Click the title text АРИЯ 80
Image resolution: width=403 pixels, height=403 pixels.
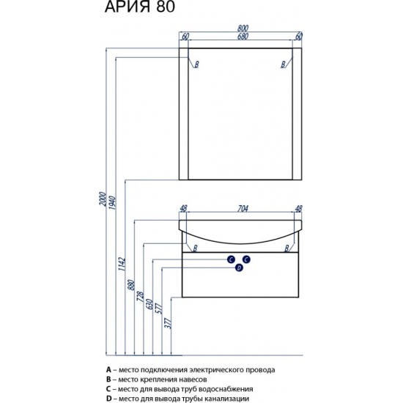[x=140, y=7]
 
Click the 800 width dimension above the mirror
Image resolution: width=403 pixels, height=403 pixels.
[x=243, y=29]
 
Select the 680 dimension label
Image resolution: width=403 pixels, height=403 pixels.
[x=243, y=37]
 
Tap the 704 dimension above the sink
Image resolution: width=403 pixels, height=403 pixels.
[x=243, y=208]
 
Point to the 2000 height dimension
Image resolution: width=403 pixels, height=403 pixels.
[x=103, y=199]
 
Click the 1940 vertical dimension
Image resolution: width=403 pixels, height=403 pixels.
[x=112, y=202]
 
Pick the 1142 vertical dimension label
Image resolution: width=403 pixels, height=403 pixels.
[x=122, y=264]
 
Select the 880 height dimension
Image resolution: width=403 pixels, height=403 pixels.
[x=131, y=284]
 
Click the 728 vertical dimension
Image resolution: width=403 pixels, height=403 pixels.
[x=141, y=297]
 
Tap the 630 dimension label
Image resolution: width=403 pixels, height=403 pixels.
[x=149, y=304]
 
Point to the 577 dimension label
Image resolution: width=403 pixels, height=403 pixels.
[x=159, y=308]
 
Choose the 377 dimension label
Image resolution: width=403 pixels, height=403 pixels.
[x=168, y=323]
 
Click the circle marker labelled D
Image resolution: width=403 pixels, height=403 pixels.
[x=239, y=268]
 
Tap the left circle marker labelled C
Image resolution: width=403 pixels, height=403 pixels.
[x=231, y=259]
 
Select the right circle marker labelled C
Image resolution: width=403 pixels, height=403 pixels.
[x=246, y=259]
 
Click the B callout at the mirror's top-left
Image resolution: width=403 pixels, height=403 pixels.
[x=196, y=64]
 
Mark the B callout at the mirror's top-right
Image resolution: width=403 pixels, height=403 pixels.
[x=284, y=64]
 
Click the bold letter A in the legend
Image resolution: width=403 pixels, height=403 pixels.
[x=108, y=370]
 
